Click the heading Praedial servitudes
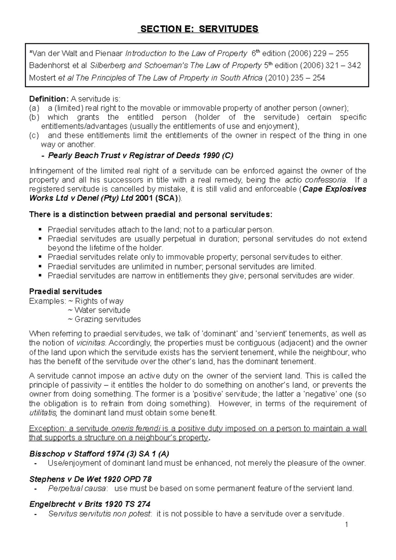pyautogui.click(x=65, y=292)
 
